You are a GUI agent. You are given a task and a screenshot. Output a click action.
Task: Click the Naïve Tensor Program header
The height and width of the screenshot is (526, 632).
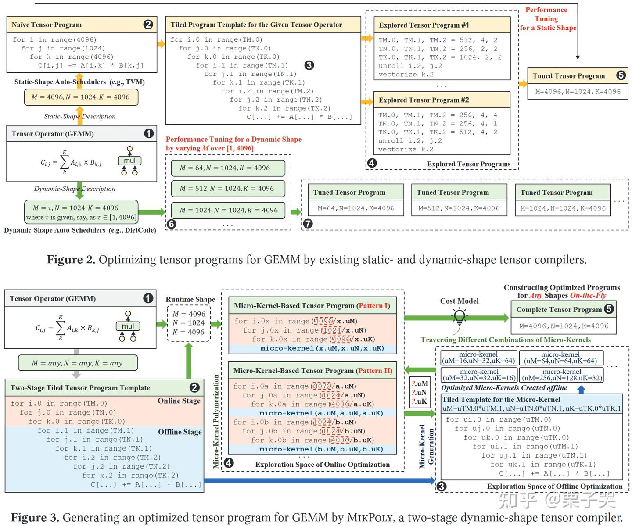click(47, 25)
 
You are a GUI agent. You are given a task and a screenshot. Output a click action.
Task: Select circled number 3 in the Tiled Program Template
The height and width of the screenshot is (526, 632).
click(309, 65)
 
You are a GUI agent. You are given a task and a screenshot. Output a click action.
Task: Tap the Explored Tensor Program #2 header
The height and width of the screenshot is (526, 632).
click(424, 100)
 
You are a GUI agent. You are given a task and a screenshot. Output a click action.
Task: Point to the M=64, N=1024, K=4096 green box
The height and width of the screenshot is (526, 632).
click(228, 168)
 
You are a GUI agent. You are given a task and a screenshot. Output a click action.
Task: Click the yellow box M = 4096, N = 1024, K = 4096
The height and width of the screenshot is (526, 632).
click(81, 97)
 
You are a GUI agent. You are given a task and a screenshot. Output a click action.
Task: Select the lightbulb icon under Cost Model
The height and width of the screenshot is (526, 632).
click(460, 315)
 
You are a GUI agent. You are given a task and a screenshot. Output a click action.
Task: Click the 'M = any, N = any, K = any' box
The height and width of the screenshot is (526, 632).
click(77, 363)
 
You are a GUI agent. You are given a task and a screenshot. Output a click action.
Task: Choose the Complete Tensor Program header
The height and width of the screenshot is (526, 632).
click(559, 309)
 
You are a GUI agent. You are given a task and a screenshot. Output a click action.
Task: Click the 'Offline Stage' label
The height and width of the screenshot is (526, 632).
click(180, 432)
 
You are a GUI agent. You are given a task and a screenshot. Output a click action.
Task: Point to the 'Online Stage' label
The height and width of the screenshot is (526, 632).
click(179, 401)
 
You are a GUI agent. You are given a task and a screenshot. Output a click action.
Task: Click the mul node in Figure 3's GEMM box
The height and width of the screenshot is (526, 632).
click(128, 326)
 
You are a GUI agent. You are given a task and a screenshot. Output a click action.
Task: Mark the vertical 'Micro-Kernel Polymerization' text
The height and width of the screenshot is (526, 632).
click(216, 421)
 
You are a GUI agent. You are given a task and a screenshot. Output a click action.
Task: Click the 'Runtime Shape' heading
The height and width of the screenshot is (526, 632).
click(190, 299)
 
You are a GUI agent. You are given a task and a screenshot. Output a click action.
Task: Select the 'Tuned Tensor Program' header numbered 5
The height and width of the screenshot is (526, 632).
click(568, 75)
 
